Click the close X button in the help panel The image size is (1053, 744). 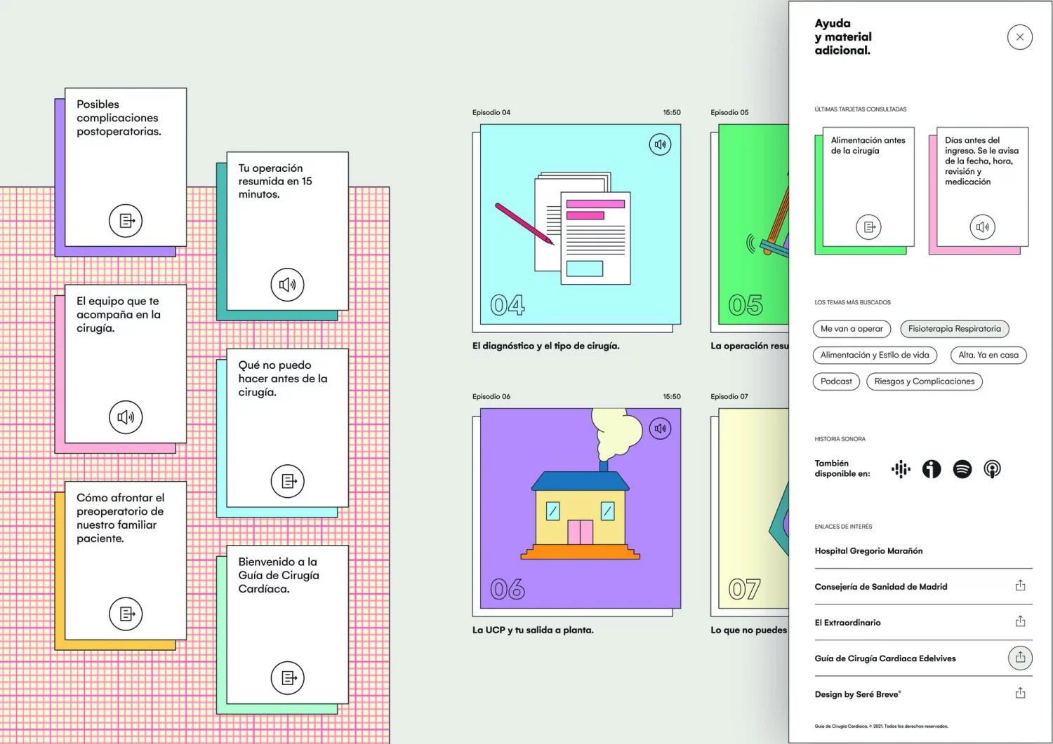click(1019, 37)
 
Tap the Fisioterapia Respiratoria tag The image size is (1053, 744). click(954, 329)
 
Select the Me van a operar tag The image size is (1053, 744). click(852, 329)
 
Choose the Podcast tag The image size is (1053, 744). click(836, 381)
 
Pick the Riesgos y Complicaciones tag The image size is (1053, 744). click(924, 381)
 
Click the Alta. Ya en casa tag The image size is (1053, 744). click(988, 356)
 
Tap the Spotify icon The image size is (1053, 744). click(962, 469)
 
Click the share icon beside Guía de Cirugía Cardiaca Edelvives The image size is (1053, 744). click(1020, 658)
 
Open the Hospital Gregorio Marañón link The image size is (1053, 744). click(868, 551)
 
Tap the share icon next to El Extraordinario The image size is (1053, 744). click(1020, 622)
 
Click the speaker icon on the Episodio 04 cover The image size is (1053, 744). click(660, 145)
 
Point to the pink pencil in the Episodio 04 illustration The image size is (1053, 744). click(524, 224)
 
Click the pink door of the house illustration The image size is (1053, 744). click(581, 532)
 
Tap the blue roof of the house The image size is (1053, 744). click(580, 481)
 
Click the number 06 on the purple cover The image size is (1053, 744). click(508, 589)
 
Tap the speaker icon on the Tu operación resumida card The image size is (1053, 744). click(287, 285)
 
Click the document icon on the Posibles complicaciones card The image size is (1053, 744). click(126, 221)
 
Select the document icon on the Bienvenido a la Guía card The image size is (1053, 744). click(287, 678)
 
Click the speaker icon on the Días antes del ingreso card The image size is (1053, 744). click(982, 227)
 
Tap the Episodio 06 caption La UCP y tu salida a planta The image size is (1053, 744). click(533, 630)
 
